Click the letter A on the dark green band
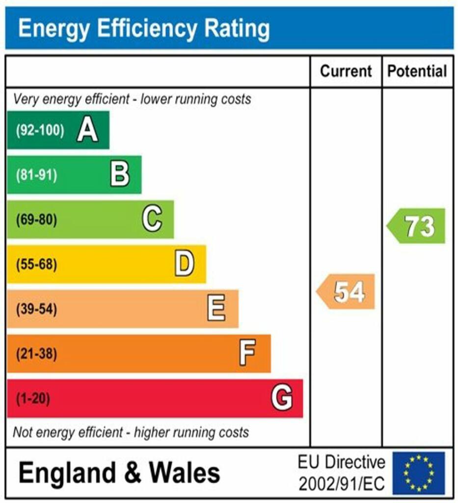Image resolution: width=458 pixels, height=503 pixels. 87,131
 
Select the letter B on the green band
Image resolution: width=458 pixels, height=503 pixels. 120,175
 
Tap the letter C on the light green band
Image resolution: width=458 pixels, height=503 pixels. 152,219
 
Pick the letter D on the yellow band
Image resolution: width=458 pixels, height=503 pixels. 184,264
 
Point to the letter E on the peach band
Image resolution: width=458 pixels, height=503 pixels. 216,309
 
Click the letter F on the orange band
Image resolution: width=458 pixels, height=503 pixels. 247,353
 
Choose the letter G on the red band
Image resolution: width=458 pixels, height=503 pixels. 282,398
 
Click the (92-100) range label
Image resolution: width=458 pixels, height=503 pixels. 40,131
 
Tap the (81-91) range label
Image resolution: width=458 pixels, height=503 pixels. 37,175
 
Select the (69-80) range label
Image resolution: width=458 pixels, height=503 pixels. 37,220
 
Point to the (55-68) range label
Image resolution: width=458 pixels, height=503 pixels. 37,264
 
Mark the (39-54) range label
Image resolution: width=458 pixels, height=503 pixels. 37,309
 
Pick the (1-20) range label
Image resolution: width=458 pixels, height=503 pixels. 33,398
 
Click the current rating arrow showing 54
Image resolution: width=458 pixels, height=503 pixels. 347,292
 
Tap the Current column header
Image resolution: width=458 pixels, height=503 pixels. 346,71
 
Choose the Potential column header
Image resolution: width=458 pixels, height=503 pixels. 417,71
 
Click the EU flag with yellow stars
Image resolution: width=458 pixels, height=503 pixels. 419,473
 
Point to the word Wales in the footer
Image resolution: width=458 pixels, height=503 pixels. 185,473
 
